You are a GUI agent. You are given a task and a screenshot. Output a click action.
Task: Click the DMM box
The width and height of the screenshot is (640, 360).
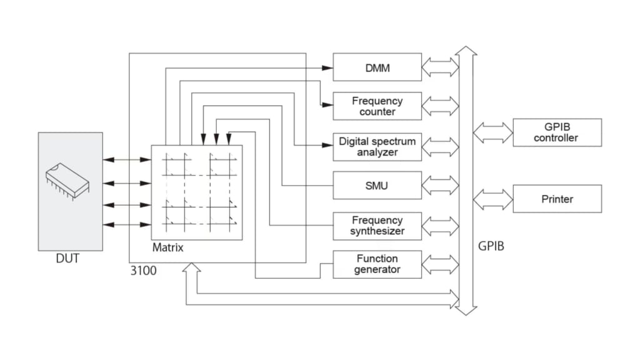[x=377, y=67]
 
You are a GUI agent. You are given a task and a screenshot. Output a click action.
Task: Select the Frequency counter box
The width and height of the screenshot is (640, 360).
[x=377, y=106]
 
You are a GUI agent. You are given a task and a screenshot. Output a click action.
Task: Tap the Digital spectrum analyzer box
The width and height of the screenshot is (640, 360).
[x=377, y=147]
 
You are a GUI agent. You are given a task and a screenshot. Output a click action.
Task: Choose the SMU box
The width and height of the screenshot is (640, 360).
[x=377, y=185]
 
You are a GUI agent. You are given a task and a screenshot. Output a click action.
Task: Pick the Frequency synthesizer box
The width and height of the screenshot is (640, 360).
[x=377, y=226]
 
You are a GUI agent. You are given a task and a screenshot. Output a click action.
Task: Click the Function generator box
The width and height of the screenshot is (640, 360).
[x=377, y=264]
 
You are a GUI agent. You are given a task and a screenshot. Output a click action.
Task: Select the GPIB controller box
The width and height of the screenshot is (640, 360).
[x=557, y=132]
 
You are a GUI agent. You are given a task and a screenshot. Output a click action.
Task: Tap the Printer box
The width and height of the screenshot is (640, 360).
[x=557, y=199]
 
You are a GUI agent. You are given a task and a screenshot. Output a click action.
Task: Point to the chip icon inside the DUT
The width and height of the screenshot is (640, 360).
[x=67, y=181]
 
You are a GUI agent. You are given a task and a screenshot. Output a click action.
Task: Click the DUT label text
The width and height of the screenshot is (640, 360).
[x=67, y=258]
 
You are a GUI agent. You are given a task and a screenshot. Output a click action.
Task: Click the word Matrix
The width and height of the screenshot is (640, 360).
[x=167, y=247]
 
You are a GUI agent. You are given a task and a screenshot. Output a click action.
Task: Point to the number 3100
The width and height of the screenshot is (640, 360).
[x=143, y=271]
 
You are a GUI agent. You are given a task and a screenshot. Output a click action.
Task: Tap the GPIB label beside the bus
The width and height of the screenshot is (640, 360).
[x=491, y=246]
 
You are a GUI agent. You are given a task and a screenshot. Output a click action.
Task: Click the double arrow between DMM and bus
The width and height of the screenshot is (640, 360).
[x=440, y=67]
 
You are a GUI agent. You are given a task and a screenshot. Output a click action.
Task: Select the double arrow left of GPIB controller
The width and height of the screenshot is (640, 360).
[x=492, y=132]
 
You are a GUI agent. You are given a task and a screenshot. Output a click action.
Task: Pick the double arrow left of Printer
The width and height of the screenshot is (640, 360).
[x=492, y=199]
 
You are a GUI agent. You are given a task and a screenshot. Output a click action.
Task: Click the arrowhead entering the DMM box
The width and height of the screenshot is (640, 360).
[x=327, y=67]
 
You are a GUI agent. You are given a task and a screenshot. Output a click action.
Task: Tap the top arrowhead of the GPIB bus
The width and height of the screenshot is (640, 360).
[x=466, y=51]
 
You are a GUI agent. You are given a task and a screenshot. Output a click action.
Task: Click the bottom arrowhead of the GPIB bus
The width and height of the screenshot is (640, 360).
[x=466, y=311]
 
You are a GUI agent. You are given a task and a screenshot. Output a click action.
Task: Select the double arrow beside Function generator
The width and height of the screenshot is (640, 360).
[x=440, y=264]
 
